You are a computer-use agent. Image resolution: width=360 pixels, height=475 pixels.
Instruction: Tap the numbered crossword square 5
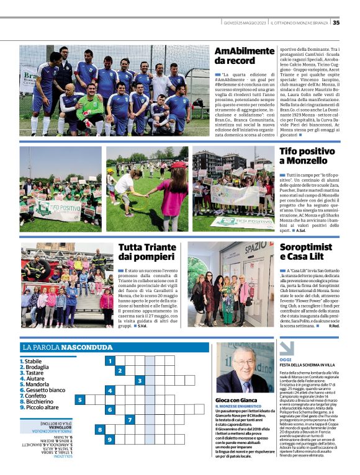coord(79,400)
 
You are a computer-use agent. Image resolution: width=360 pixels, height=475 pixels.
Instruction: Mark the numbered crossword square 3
coord(140,380)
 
